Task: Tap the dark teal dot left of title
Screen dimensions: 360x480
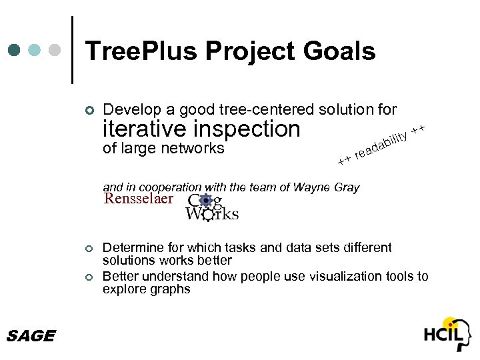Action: click(14, 50)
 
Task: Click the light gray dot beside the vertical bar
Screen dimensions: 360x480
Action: click(56, 50)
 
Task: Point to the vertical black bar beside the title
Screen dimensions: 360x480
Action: click(71, 50)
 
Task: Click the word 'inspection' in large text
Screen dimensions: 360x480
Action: click(246, 129)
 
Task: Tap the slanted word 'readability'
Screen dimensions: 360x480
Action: click(381, 142)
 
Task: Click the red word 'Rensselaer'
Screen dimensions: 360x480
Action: click(138, 199)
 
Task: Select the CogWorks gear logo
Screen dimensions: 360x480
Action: click(211, 207)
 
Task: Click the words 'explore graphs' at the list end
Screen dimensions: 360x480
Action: click(146, 289)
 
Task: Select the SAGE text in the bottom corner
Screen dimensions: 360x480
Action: click(30, 336)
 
